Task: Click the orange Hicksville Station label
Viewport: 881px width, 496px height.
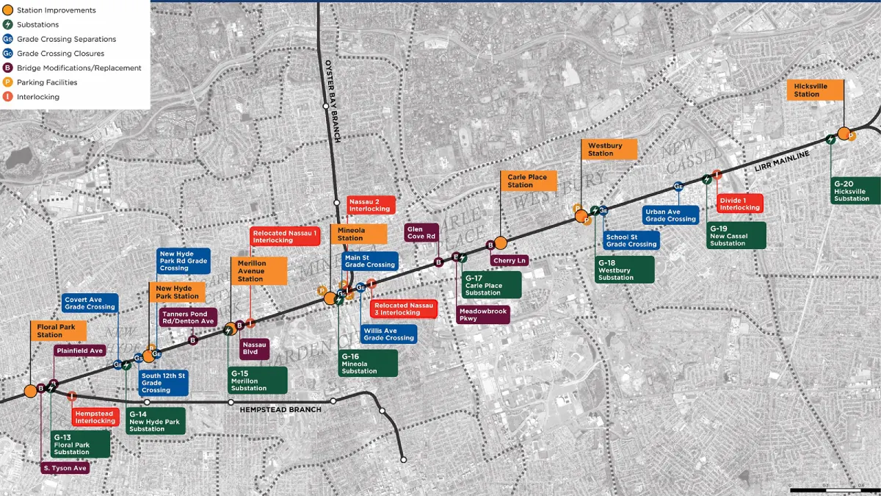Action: pyautogui.click(x=817, y=90)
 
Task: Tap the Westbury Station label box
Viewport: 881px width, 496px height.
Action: pyautogui.click(x=609, y=149)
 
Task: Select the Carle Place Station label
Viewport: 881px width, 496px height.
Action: pyautogui.click(x=528, y=181)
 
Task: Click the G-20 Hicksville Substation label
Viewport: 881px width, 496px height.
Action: pyautogui.click(x=855, y=190)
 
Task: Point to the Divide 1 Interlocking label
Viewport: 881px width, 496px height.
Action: pyautogui.click(x=739, y=204)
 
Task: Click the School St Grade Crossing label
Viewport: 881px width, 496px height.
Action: pyautogui.click(x=631, y=240)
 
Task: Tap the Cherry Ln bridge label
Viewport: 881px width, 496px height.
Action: pyautogui.click(x=510, y=260)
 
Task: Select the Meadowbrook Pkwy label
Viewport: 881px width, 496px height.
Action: pyautogui.click(x=482, y=315)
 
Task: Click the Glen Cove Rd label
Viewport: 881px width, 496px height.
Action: pyautogui.click(x=421, y=232)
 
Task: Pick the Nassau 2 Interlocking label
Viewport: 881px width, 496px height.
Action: pyautogui.click(x=370, y=205)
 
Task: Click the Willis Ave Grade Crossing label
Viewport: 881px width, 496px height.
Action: pyautogui.click(x=388, y=334)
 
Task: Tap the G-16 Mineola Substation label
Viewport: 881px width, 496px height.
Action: pyautogui.click(x=368, y=363)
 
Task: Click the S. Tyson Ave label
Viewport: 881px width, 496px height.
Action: pyautogui.click(x=65, y=467)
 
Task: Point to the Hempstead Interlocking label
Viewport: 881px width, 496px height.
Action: pyautogui.click(x=95, y=417)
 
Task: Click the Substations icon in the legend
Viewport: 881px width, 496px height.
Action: pyautogui.click(x=7, y=25)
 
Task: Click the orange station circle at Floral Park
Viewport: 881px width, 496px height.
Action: pyautogui.click(x=30, y=390)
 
